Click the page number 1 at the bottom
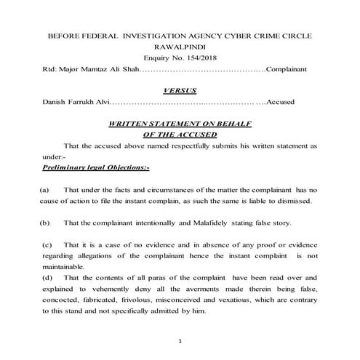click(x=179, y=341)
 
